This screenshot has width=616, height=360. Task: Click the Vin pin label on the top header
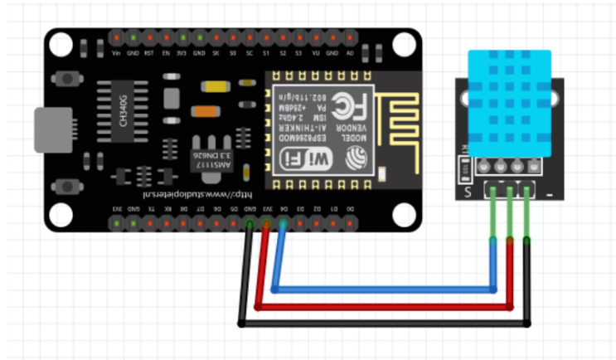pos(116,52)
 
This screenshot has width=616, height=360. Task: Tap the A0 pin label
pos(349,52)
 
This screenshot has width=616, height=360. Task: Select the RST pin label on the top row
pos(149,52)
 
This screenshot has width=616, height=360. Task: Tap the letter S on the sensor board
pos(468,193)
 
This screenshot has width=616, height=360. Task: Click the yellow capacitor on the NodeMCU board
pos(215,85)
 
